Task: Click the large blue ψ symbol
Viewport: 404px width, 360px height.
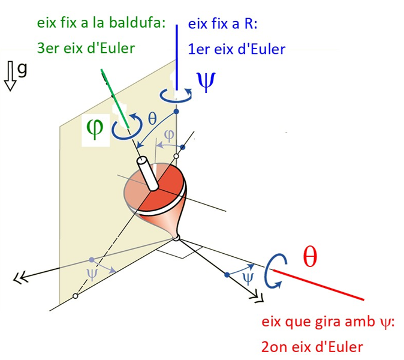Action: coord(205,82)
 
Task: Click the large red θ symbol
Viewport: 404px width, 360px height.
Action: coord(310,257)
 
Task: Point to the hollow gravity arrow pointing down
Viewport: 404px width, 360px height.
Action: coord(10,76)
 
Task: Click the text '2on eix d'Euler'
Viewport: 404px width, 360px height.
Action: coord(312,347)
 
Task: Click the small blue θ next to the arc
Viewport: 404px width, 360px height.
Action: coord(152,119)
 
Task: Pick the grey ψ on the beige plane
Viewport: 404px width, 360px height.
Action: coord(91,273)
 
